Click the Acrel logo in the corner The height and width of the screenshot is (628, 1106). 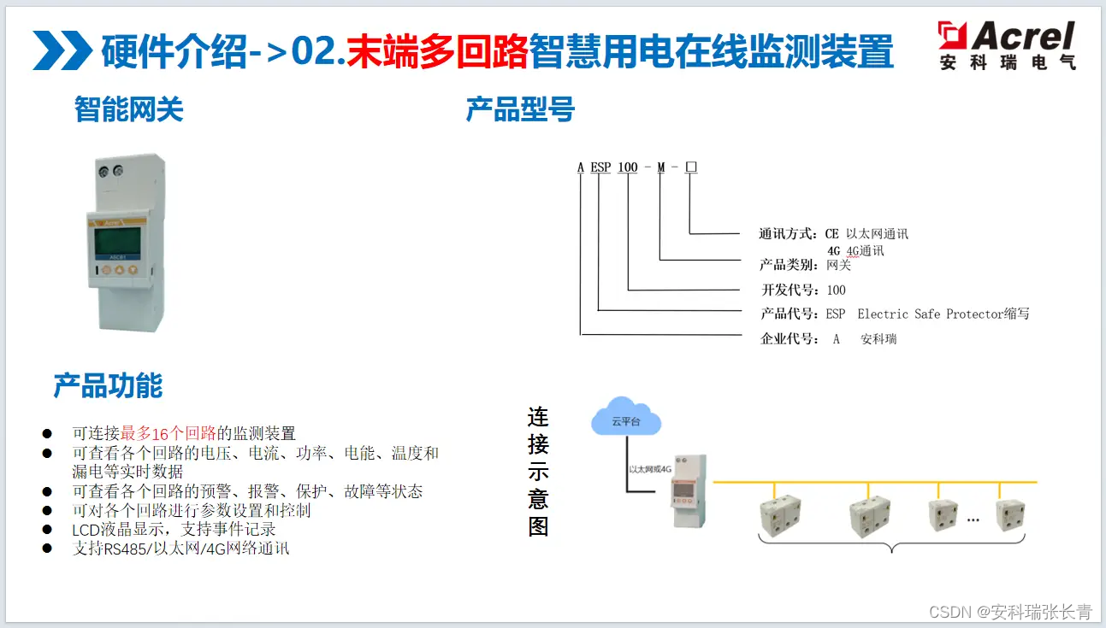[1006, 45]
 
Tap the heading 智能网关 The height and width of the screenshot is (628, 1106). [128, 110]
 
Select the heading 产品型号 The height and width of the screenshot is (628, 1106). [520, 110]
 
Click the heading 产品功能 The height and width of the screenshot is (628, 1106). [108, 386]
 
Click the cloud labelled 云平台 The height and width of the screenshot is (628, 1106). [626, 419]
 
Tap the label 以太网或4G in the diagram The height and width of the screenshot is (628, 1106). [651, 469]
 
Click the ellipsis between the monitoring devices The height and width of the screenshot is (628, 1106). [973, 518]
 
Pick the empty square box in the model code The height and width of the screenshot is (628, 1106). [691, 167]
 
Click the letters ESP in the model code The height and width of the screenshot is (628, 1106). [600, 167]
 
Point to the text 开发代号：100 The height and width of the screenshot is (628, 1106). [803, 290]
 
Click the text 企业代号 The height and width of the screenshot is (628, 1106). [790, 339]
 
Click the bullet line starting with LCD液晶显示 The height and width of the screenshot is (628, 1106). [174, 530]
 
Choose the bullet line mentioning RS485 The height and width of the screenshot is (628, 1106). [180, 549]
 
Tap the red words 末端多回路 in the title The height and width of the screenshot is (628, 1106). [437, 51]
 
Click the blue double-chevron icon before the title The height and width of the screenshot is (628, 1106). [62, 50]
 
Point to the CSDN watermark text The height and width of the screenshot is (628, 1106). [1009, 612]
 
